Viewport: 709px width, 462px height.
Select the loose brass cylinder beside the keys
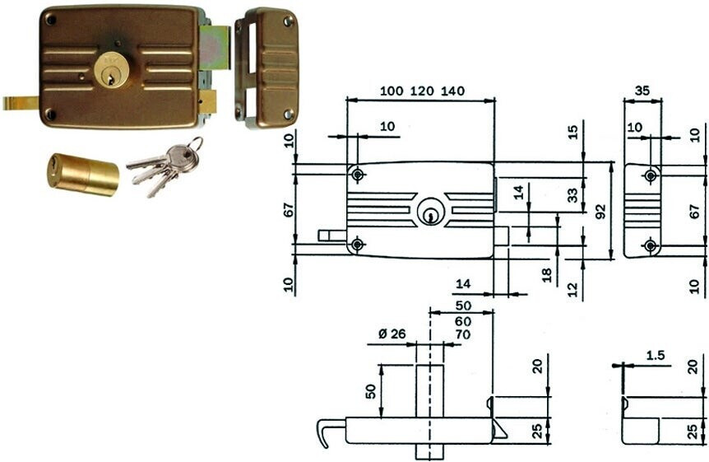tap(83, 175)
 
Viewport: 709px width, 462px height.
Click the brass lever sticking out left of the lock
tap(21, 103)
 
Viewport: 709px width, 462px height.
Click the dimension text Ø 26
tap(392, 334)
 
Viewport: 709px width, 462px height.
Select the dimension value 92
tap(600, 212)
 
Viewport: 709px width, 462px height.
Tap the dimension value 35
tap(642, 91)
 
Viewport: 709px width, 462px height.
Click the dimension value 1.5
tap(656, 356)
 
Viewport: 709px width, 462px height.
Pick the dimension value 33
tap(573, 195)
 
